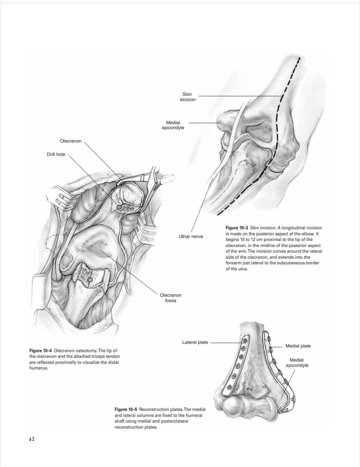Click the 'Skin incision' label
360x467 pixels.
(x=188, y=96)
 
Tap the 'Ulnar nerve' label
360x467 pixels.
(x=191, y=236)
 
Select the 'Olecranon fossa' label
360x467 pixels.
(x=170, y=298)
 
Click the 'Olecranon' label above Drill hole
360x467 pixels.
(x=71, y=141)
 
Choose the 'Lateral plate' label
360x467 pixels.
(x=196, y=342)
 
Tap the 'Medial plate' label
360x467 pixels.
(x=298, y=346)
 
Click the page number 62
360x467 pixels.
(x=32, y=439)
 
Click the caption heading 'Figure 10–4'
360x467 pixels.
(x=40, y=350)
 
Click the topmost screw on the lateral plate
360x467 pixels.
(x=245, y=340)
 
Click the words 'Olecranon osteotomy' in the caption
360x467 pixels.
(x=75, y=350)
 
